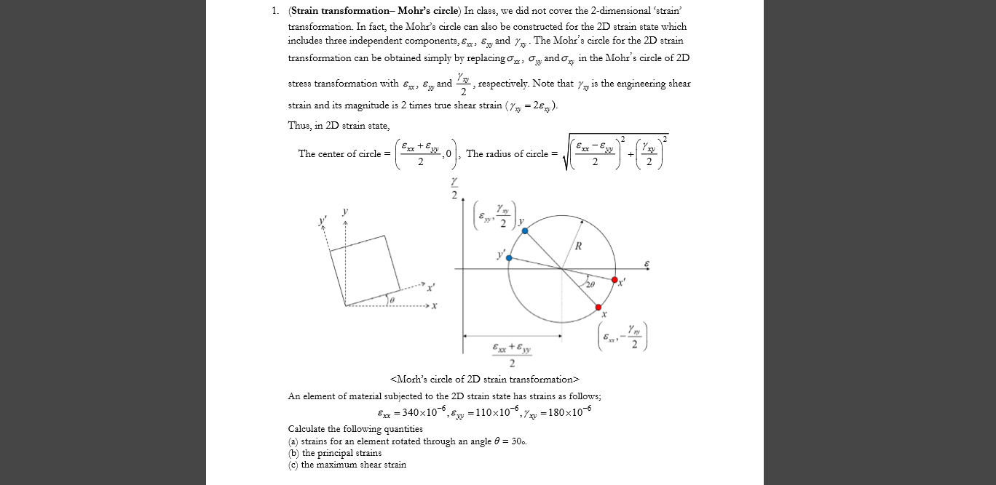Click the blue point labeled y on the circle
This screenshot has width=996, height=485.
tap(525, 231)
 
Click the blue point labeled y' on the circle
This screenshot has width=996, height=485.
tap(509, 258)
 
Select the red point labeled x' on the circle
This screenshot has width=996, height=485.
tap(614, 280)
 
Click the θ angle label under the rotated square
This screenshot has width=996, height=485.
tap(392, 299)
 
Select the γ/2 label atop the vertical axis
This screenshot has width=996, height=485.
tap(454, 188)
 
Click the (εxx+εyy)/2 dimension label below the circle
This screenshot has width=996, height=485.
tap(512, 355)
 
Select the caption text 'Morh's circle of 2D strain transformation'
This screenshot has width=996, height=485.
tap(485, 379)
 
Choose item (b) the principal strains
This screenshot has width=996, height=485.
tap(335, 452)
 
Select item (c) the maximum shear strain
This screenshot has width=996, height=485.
tap(347, 464)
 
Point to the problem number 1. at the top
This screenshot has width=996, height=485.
tap(274, 12)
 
